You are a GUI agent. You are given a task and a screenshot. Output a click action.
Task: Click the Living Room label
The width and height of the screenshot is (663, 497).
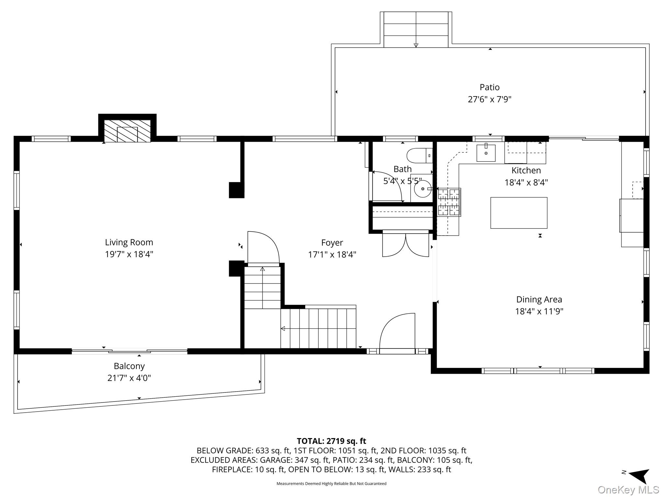(129, 242)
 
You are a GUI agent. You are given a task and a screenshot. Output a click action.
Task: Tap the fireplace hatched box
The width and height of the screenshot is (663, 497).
(127, 131)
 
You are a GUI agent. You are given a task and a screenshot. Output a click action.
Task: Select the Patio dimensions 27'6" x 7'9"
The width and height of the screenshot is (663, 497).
(489, 99)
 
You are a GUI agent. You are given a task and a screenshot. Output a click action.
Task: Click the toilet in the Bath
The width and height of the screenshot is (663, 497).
(420, 156)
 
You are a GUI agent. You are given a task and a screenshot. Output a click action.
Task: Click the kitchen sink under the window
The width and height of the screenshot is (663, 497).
(486, 153)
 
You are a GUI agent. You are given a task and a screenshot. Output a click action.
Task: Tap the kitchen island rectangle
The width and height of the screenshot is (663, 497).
(519, 213)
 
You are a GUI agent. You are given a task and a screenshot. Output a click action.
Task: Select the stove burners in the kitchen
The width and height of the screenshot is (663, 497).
(449, 202)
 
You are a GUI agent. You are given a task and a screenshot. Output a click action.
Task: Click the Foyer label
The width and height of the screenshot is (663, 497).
(332, 243)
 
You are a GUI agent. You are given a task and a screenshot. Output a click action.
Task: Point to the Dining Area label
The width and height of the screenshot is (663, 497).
(539, 300)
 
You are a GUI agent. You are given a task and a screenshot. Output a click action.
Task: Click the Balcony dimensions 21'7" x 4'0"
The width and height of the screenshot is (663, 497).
(129, 378)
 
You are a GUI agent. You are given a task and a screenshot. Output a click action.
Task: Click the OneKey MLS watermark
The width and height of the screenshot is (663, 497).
(628, 490)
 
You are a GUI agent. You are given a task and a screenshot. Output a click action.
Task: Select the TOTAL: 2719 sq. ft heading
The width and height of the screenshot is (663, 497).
(331, 441)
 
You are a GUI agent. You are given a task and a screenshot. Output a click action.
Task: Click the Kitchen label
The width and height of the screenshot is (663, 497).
(526, 171)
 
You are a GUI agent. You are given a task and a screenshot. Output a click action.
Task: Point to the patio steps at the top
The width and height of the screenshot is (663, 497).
(416, 30)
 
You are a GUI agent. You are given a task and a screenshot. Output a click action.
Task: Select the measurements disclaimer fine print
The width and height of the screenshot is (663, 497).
(331, 484)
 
